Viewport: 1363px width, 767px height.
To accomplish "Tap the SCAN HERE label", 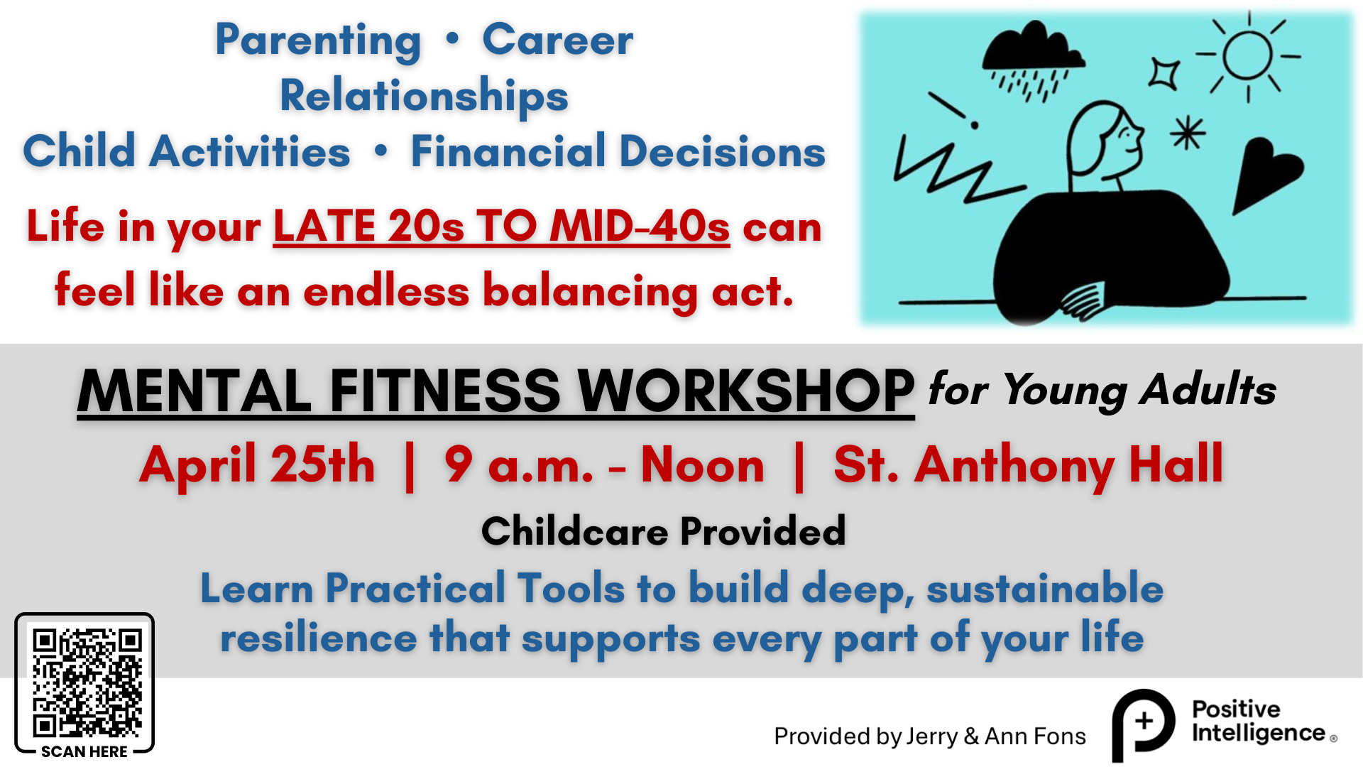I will point(84,751).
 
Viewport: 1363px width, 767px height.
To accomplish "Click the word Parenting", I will point(318,40).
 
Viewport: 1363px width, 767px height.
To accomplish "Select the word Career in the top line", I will point(557,40).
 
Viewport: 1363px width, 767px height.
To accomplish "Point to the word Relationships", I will point(424,96).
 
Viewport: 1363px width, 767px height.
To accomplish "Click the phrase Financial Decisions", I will point(618,152).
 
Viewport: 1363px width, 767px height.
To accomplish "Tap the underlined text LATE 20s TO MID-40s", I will point(501,227).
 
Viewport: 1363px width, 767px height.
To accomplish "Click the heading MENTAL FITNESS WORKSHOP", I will point(496,391).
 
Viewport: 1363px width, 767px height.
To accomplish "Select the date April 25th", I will point(257,465).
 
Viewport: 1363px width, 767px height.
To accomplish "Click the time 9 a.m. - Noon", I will point(604,465).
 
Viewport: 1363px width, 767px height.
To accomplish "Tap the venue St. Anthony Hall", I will point(1028,465).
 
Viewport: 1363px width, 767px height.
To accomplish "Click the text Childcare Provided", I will point(663,531).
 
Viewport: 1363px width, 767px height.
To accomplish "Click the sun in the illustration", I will point(1247,55).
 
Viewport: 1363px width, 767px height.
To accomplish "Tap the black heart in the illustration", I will point(1266,173).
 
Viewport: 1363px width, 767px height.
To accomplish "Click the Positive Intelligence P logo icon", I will point(1143,723).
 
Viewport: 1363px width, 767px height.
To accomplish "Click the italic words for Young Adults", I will point(1102,390).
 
